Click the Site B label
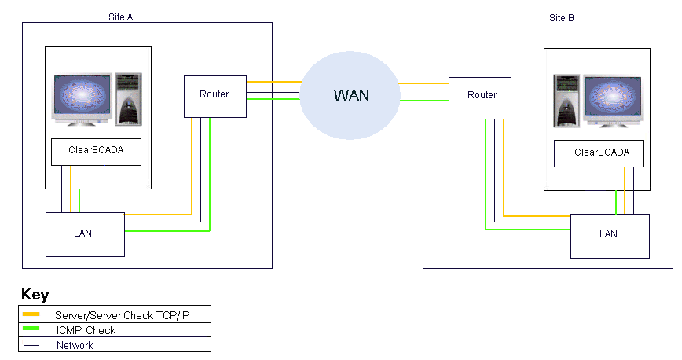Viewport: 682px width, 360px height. tap(562, 17)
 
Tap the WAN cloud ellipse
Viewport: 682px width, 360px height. tap(350, 95)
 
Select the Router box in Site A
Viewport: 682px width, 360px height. tap(214, 95)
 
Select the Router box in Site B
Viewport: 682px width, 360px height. tap(482, 96)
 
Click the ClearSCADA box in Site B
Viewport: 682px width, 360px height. tap(602, 153)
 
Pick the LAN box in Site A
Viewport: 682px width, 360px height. tap(85, 234)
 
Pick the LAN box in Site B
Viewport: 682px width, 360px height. tap(609, 234)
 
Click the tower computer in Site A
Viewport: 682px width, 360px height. tap(128, 98)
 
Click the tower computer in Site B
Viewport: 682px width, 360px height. tap(567, 100)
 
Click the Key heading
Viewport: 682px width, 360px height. tap(35, 296)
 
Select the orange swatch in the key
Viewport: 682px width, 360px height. tap(32, 314)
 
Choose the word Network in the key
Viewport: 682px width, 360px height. tap(75, 345)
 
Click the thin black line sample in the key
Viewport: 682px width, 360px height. tap(32, 345)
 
